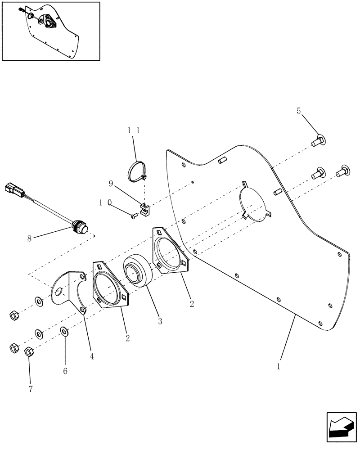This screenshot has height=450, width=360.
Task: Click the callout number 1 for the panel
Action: click(x=279, y=366)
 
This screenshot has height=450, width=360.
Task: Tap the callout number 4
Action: click(x=92, y=356)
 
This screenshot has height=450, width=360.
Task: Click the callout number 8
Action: click(x=30, y=239)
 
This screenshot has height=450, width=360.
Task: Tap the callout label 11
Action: click(x=133, y=130)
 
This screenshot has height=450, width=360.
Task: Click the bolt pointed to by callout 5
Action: click(x=319, y=141)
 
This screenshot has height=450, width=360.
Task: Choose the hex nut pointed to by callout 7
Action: click(x=28, y=351)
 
